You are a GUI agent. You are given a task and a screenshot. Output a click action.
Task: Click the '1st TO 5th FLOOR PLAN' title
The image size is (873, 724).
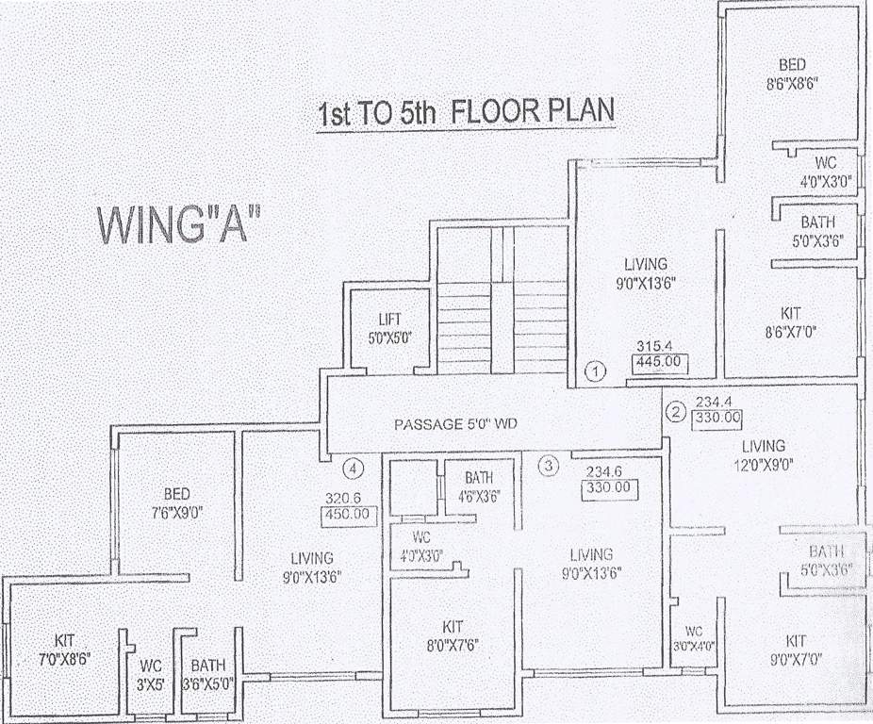click(x=466, y=113)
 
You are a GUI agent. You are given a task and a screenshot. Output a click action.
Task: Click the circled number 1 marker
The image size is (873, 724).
click(x=594, y=370)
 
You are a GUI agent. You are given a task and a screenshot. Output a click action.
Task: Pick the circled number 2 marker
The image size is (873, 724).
click(x=676, y=411)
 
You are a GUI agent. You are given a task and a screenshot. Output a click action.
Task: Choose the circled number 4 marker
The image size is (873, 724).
click(x=353, y=467)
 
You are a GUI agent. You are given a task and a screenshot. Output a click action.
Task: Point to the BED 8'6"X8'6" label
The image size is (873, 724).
click(x=791, y=74)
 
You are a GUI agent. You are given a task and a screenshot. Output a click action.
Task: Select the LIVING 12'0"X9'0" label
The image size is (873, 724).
click(x=763, y=454)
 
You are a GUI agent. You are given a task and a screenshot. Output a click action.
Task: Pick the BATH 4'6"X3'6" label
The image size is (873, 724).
click(x=479, y=486)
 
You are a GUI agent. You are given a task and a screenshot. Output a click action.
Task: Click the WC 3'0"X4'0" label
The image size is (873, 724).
click(x=695, y=638)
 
